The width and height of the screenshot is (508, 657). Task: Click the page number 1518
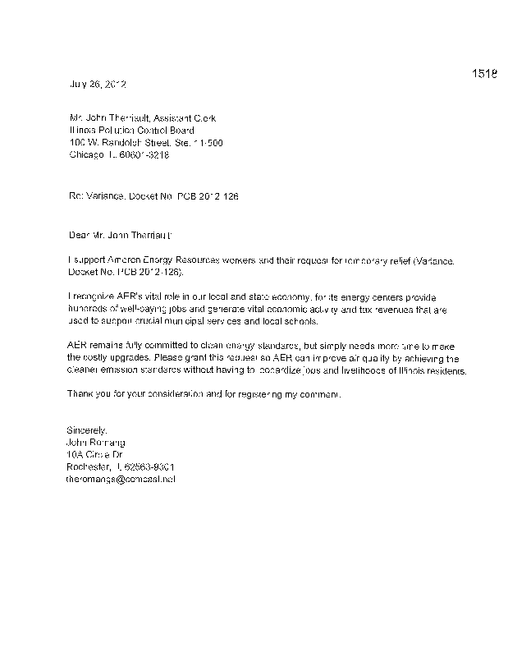pos(485,75)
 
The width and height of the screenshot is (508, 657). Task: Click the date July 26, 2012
pos(96,84)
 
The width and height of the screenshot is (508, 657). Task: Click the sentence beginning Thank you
pos(202,395)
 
